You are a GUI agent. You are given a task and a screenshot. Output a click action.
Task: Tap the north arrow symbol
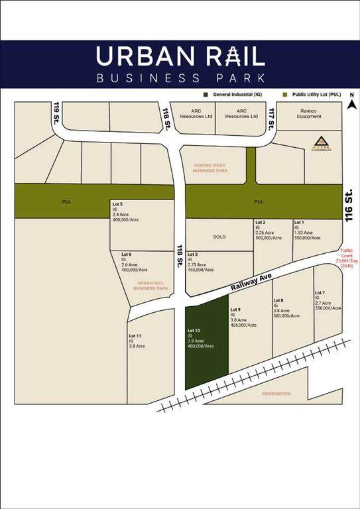pos(353,103)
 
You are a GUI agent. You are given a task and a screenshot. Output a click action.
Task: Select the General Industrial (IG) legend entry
pos(239,94)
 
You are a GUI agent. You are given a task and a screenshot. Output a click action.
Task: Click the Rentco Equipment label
pos(309,113)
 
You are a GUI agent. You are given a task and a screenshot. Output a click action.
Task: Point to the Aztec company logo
pos(322,143)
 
